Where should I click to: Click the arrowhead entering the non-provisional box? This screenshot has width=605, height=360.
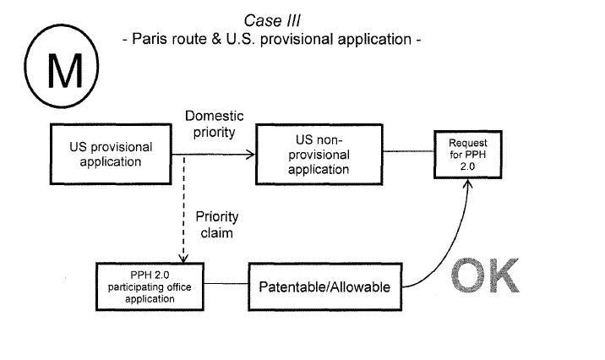[x=249, y=154]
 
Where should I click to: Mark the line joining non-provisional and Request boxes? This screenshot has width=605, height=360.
[x=406, y=153]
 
